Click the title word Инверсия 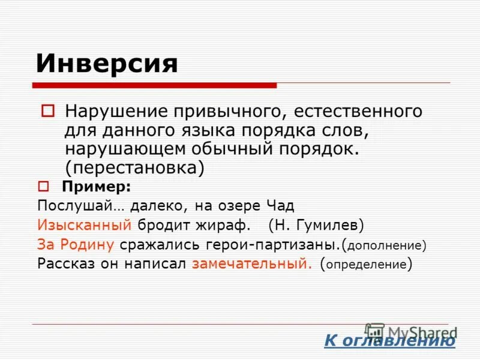(x=107, y=63)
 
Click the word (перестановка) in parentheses (x=135, y=167)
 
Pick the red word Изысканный (x=84, y=226)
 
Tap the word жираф (x=221, y=226)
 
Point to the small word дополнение (x=385, y=245)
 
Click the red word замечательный (x=253, y=264)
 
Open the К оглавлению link (x=389, y=341)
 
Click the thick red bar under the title (x=156, y=85)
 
